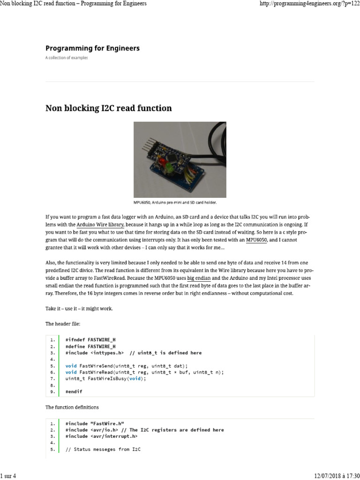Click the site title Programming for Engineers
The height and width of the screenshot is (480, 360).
92,48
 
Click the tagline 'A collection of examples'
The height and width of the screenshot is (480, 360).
66,58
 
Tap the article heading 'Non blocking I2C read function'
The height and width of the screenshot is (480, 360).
108,108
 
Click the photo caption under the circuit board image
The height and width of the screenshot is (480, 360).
180,202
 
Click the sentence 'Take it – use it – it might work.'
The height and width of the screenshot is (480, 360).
79,308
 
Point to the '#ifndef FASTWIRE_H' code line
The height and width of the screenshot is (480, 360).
90,339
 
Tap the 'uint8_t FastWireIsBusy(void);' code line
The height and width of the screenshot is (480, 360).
105,378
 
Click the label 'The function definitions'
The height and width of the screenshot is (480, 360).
72,407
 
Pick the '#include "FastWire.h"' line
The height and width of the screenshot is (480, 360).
94,423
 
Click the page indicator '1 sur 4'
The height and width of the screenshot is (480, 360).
8,476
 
